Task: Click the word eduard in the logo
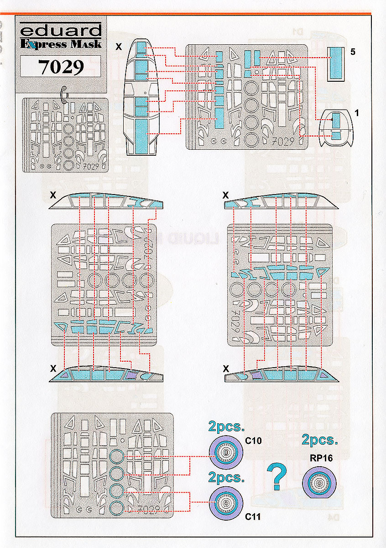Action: coord(61,31)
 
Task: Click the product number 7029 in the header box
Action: coord(61,67)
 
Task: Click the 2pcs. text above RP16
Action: coord(320,440)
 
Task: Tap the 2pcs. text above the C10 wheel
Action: coord(226,427)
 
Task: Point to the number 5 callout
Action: coord(353,52)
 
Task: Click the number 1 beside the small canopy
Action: coord(356,113)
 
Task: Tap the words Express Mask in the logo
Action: coord(61,44)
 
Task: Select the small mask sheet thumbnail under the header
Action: coord(65,135)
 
